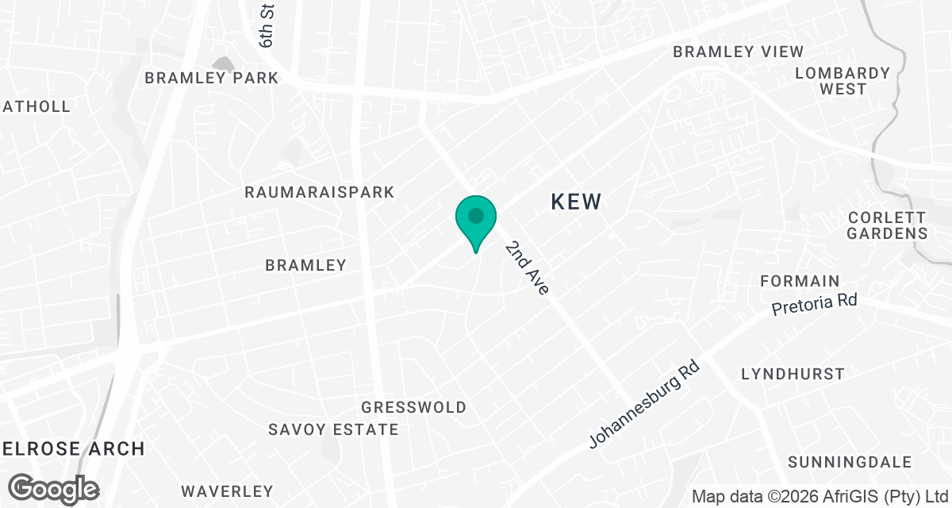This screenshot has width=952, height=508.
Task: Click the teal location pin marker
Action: pos(475,219)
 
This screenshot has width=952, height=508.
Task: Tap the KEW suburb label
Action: pos(576,202)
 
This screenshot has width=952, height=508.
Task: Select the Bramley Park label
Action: pos(211,78)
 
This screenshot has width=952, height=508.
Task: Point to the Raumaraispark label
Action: pos(320,193)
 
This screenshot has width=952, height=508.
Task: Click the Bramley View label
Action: pos(738,52)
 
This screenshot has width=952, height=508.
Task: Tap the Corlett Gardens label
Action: pos(886,225)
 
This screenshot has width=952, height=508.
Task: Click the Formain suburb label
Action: pos(800,281)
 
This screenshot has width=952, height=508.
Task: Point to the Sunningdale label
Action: pos(846,462)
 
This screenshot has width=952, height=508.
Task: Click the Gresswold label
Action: pos(413,407)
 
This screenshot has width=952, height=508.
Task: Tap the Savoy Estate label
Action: pos(333,429)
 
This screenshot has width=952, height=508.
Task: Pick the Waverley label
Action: pos(227,491)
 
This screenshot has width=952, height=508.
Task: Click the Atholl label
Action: pos(36,106)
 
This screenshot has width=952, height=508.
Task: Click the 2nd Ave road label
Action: pos(527,268)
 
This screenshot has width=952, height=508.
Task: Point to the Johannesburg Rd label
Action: pos(645,405)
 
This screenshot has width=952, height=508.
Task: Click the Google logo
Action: pos(54,488)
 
